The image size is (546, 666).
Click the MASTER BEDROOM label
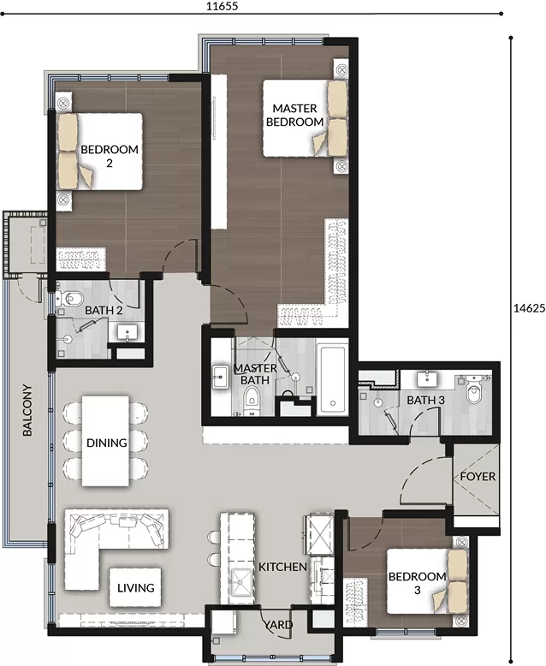[294, 115]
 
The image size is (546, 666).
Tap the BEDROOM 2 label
[110, 156]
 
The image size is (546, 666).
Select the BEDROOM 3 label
[417, 583]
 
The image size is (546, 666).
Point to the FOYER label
[478, 476]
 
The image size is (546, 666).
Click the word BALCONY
[27, 410]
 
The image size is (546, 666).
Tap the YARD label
[278, 624]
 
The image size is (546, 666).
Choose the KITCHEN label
[282, 567]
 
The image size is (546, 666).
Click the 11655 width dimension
[222, 6]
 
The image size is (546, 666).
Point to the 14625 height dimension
[529, 308]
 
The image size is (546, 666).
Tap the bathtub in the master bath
[332, 380]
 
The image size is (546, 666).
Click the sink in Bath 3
[427, 378]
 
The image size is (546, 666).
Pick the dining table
[106, 441]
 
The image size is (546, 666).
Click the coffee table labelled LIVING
[135, 587]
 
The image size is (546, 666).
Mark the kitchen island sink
[241, 583]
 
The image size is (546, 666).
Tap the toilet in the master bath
[252, 401]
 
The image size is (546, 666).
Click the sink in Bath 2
[128, 331]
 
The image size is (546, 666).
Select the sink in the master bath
[221, 377]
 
